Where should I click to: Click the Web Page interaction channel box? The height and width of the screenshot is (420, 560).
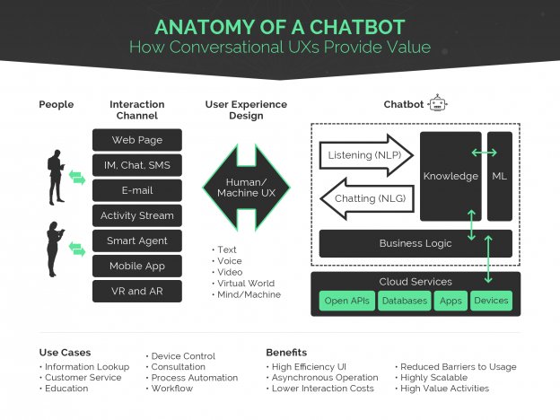136,140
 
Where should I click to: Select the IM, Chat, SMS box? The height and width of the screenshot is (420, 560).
136,165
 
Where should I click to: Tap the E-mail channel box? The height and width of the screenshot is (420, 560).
136,190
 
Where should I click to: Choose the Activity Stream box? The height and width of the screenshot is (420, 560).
136,215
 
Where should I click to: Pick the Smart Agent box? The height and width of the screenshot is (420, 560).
136,241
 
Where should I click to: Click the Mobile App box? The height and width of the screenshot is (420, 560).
136,266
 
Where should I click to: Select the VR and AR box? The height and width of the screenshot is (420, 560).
136,291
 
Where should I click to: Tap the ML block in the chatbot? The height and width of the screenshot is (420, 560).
499,176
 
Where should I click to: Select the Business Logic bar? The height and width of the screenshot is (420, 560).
415,243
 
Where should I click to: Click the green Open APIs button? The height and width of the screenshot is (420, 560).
346,301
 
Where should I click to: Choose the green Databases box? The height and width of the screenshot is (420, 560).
404,301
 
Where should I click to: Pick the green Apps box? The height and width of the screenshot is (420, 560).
450,301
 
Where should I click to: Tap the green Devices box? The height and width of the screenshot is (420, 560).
491,301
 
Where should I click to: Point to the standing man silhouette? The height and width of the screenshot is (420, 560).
56,176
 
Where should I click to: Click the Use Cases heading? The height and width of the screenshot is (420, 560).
65,353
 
